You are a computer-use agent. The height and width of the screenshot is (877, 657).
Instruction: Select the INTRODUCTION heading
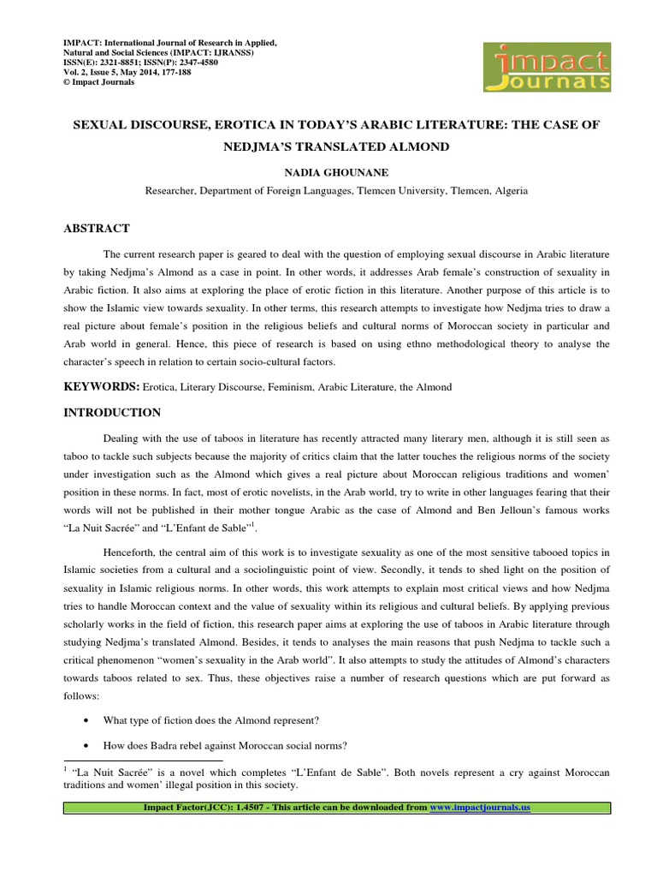click(112, 413)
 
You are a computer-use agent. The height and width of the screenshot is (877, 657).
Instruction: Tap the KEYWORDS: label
click(102, 387)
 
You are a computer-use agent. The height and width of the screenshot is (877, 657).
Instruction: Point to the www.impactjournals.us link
click(480, 808)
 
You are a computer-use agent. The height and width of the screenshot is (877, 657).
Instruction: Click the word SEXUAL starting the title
click(95, 125)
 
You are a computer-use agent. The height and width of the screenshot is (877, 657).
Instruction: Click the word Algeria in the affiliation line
click(507, 191)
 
